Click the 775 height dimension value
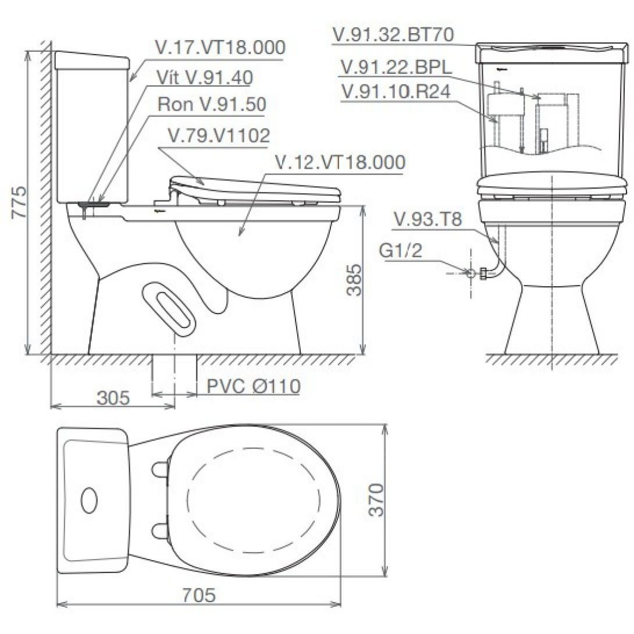click(19, 202)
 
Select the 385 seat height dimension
click(354, 280)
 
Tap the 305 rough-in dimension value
click(113, 398)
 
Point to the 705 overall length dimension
click(199, 595)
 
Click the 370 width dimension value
click(379, 500)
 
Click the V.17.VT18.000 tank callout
click(220, 48)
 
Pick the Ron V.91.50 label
click(212, 105)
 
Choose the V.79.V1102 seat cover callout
click(219, 136)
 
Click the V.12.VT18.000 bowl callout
click(340, 163)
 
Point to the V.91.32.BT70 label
click(393, 35)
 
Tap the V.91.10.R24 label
click(396, 92)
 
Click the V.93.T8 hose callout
click(428, 220)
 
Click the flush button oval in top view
click(89, 500)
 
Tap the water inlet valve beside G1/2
click(482, 272)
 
